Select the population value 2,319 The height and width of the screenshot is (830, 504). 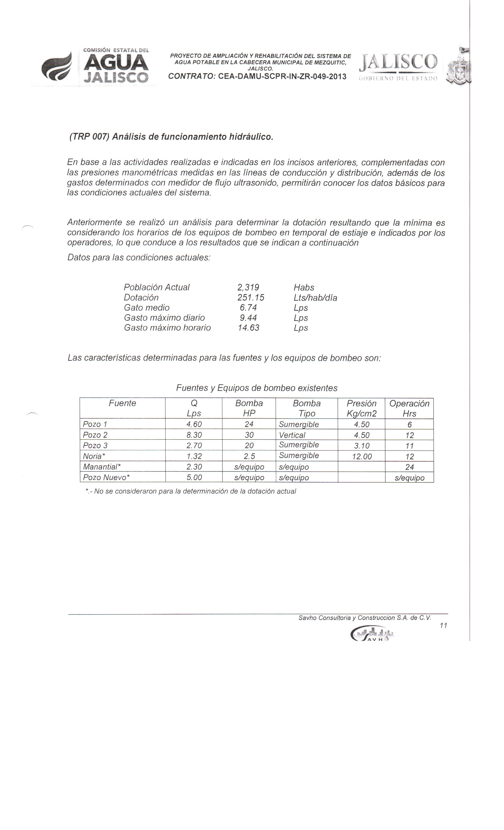coord(248,287)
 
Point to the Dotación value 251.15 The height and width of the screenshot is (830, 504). coord(250,297)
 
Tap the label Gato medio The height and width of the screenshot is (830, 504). coord(147,307)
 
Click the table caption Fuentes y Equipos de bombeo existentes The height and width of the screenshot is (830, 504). coord(257,388)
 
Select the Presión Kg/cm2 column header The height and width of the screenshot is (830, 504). coord(361,408)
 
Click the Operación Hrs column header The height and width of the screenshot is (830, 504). coord(409,408)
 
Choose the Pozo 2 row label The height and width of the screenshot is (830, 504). coord(95,435)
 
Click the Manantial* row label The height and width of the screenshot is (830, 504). coord(102,467)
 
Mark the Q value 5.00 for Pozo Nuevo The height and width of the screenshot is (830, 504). coord(194,477)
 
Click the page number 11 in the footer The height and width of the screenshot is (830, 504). coord(443,625)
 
